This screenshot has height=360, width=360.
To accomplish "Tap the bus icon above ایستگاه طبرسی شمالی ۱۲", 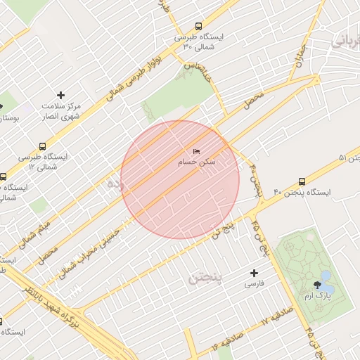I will (x=44, y=146).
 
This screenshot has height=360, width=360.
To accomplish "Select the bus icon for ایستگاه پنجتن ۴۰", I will (x=302, y=181).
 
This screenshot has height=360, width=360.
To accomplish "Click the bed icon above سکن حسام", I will (x=196, y=152).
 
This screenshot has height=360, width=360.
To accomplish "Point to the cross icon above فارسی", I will (x=254, y=273).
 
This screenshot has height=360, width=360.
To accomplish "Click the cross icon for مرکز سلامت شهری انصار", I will (x=60, y=94).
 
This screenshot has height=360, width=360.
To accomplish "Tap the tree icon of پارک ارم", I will (x=317, y=285).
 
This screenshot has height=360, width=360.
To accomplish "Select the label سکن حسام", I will (x=197, y=162).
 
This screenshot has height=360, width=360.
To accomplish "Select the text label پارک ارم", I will (x=318, y=297).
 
